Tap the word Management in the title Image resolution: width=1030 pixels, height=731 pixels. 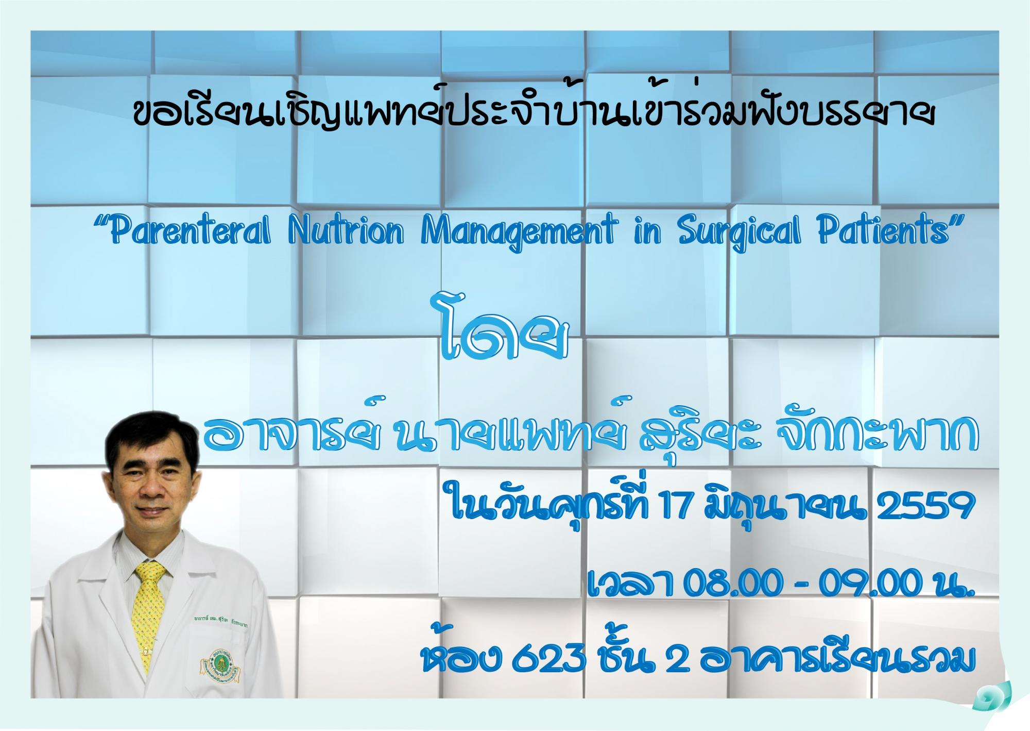tap(518, 235)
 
